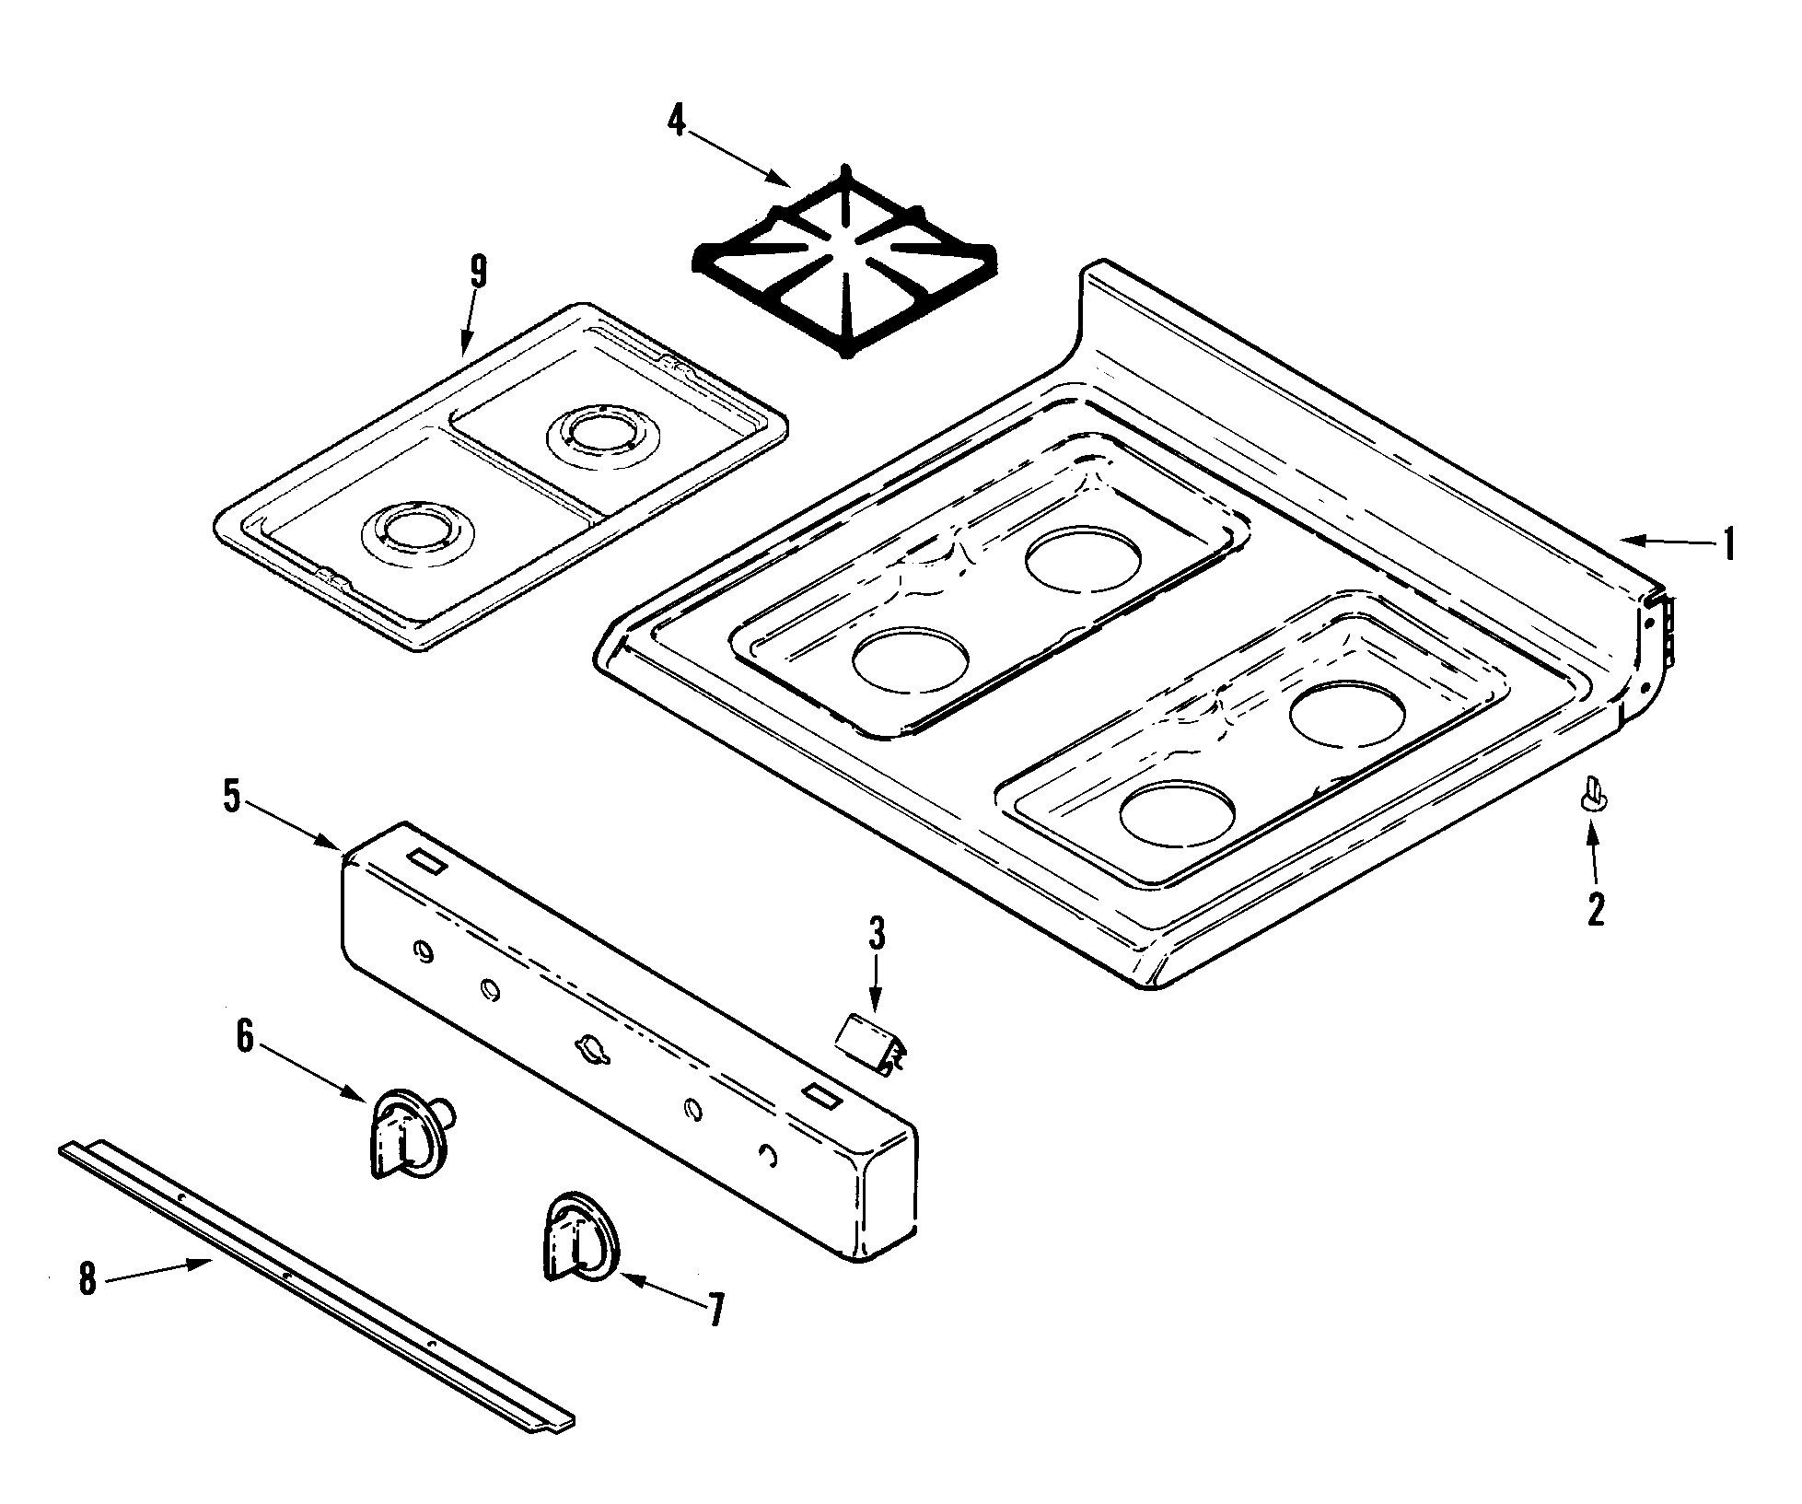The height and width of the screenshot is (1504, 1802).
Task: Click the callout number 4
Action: point(676,122)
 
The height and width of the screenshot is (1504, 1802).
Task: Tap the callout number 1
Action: point(1728,544)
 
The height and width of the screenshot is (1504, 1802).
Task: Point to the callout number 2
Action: point(1596,909)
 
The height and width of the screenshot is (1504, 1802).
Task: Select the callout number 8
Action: point(87,1278)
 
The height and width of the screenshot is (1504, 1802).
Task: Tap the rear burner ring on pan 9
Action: point(588,432)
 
